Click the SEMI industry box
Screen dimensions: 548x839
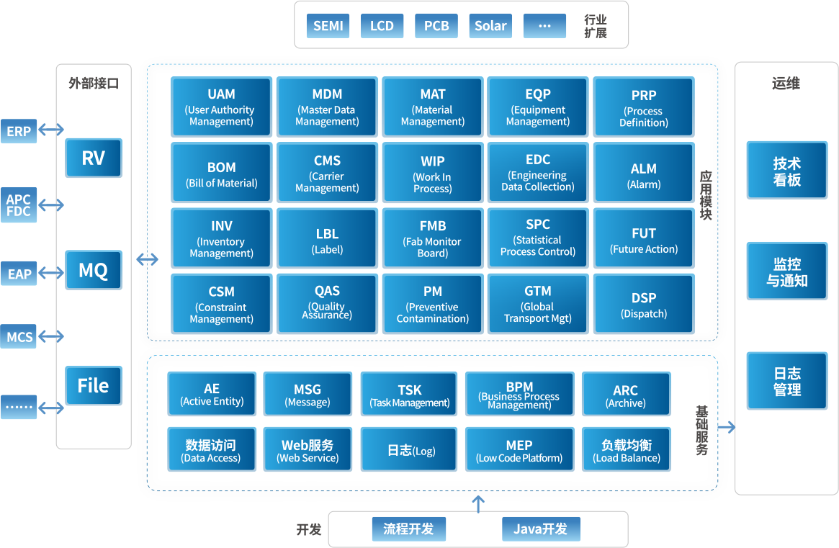(x=328, y=27)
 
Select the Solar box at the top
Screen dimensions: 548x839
(x=490, y=27)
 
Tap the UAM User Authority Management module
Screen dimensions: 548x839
(x=221, y=107)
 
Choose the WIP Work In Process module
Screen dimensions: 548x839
(x=432, y=174)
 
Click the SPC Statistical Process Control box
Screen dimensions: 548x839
(x=538, y=237)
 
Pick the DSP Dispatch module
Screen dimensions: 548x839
(x=644, y=305)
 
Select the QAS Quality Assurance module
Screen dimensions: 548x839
(x=327, y=303)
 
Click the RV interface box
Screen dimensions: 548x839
(x=94, y=158)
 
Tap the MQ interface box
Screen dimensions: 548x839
(x=94, y=271)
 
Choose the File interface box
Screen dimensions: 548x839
(x=94, y=386)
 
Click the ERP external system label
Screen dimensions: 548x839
(x=19, y=132)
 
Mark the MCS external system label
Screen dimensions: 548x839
(x=19, y=337)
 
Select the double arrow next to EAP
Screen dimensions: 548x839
(x=51, y=273)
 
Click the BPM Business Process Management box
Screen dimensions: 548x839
(x=519, y=394)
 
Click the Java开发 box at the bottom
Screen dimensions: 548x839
(x=541, y=529)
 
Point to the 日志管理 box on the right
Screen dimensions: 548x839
(x=787, y=382)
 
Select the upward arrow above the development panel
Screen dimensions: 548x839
(x=478, y=503)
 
